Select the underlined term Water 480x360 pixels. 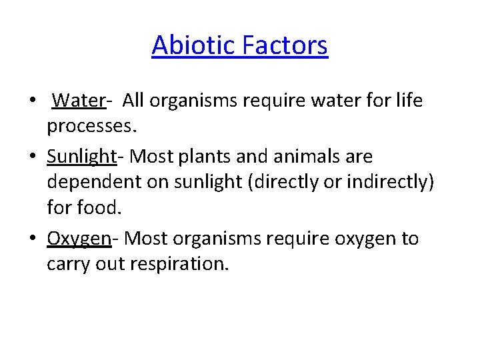click(79, 101)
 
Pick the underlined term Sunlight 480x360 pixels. click(81, 157)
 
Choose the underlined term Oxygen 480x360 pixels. click(79, 239)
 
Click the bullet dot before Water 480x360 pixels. click(33, 101)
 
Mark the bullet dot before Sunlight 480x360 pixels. click(33, 157)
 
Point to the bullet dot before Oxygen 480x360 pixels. click(33, 239)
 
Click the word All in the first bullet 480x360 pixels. click(133, 101)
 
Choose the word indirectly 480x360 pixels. click(389, 183)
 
